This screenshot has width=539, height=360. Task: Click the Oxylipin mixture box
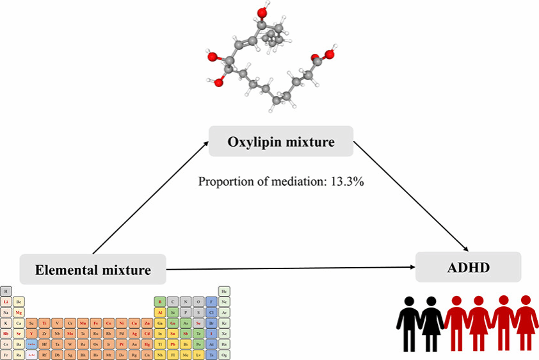pyautogui.click(x=280, y=141)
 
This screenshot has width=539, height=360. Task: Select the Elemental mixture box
pyautogui.click(x=93, y=269)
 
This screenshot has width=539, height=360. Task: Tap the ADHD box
pyautogui.click(x=469, y=266)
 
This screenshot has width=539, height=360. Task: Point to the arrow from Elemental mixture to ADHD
pyautogui.click(x=288, y=268)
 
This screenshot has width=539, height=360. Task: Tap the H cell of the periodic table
pyautogui.click(x=6, y=291)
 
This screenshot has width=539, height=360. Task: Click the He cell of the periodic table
pyautogui.click(x=224, y=291)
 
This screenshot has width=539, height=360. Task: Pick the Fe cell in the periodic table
pyautogui.click(x=96, y=322)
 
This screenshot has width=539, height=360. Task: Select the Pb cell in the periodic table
pyautogui.click(x=173, y=343)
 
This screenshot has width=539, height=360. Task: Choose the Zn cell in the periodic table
pyautogui.click(x=147, y=322)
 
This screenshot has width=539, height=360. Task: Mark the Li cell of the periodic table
pyautogui.click(x=6, y=302)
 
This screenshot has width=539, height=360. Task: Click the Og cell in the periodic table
pyautogui.click(x=224, y=354)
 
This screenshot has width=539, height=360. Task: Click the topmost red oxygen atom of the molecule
pyautogui.click(x=262, y=12)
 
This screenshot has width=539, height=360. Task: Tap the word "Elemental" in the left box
pyautogui.click(x=67, y=270)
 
